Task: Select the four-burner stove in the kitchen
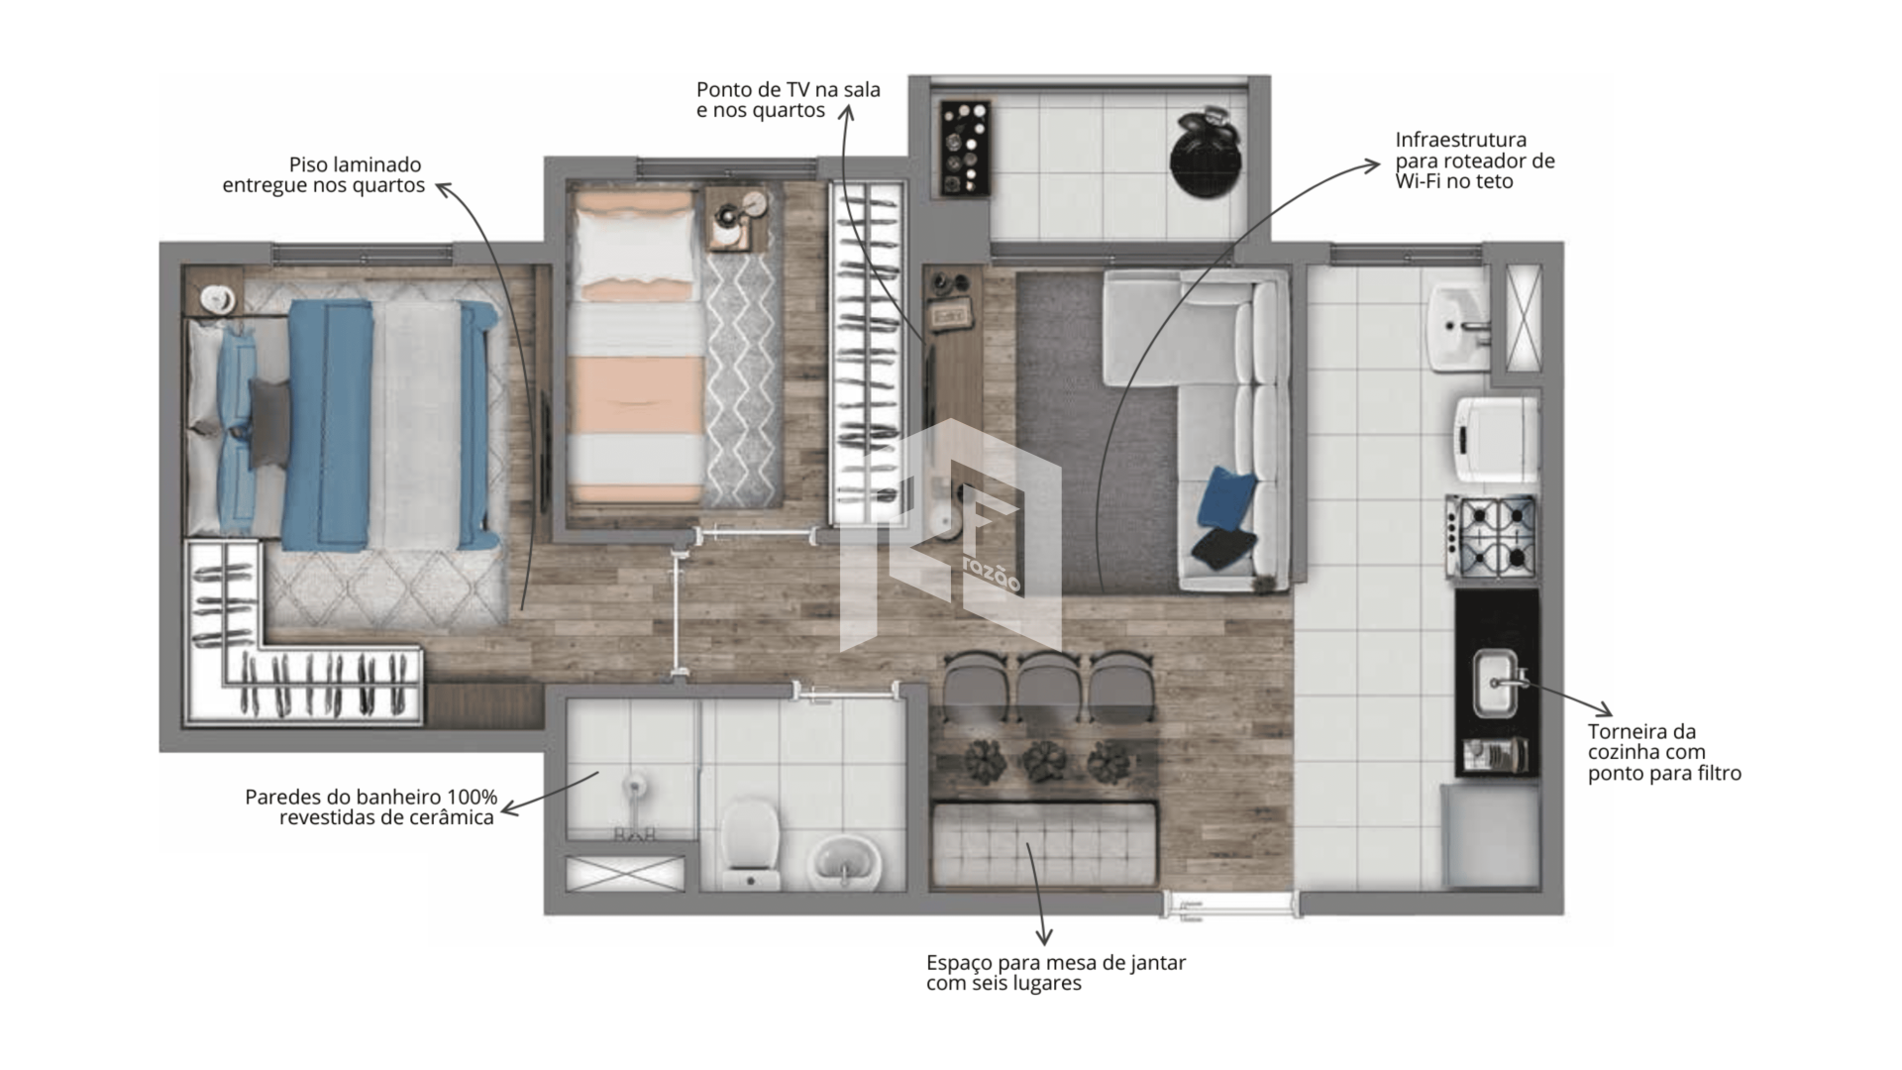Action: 1491,537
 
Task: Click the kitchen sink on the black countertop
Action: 1497,682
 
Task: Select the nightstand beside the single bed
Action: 737,219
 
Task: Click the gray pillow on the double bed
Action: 269,423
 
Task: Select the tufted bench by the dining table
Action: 1044,845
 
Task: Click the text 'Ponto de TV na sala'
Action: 788,89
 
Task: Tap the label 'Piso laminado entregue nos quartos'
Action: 323,174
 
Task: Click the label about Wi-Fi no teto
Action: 1475,160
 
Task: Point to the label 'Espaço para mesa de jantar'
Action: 1056,962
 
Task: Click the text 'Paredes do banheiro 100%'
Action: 370,797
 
